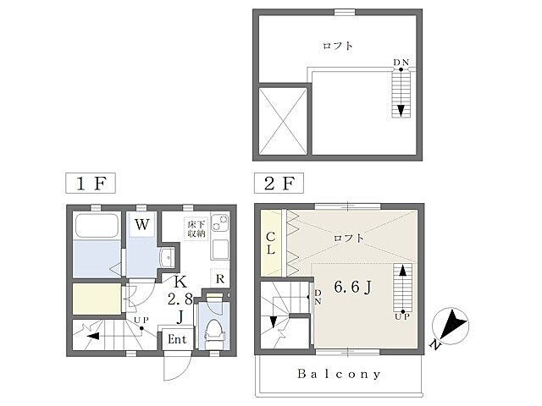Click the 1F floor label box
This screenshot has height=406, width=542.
tap(91, 183)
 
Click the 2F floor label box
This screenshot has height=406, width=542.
tap(279, 183)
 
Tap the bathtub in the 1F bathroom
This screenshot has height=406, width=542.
tap(97, 226)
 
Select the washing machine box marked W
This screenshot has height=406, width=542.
tap(142, 225)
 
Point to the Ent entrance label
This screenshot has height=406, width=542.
tap(177, 339)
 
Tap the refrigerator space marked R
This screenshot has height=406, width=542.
tap(220, 278)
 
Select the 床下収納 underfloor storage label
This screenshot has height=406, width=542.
tap(196, 229)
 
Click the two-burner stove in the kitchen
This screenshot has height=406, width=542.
tap(220, 222)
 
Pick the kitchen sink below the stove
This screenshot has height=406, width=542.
tap(220, 250)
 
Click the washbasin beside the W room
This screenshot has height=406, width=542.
tap(169, 257)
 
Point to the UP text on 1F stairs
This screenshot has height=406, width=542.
tap(141, 321)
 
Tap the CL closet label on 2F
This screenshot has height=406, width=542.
tap(271, 243)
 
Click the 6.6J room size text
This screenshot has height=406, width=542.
tap(352, 287)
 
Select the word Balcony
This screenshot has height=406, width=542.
tap(339, 374)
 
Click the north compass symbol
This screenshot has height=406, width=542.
tap(451, 326)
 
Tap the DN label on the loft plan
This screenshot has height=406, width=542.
tap(401, 63)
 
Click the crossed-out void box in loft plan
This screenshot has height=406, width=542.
tap(283, 120)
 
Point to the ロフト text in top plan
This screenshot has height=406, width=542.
tap(338, 46)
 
